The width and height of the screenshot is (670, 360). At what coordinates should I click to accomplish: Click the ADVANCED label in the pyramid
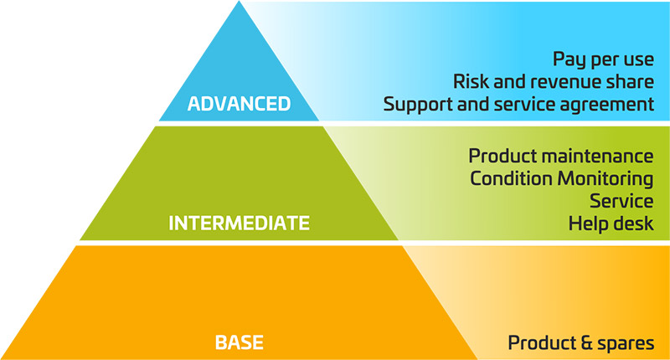pyautogui.click(x=239, y=104)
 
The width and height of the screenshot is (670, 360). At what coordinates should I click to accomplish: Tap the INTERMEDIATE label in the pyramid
pyautogui.click(x=239, y=224)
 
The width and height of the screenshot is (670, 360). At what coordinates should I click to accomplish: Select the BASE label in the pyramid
pyautogui.click(x=239, y=342)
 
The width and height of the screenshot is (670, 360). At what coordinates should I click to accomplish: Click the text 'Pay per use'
pyautogui.click(x=603, y=59)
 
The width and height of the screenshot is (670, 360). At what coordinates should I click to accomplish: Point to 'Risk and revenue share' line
pyautogui.click(x=554, y=81)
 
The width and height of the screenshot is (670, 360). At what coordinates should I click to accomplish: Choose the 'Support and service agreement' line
pyautogui.click(x=518, y=105)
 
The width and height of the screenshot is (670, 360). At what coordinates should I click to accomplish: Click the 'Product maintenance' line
pyautogui.click(x=560, y=156)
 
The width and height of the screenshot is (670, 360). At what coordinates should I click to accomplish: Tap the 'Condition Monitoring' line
pyautogui.click(x=561, y=179)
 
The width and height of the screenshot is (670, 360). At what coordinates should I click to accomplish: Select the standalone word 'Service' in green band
pyautogui.click(x=621, y=201)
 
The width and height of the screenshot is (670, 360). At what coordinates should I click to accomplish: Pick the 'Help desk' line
pyautogui.click(x=611, y=224)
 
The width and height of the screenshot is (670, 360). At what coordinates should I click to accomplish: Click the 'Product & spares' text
pyautogui.click(x=580, y=343)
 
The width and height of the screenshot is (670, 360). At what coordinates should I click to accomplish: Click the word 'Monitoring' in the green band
pyautogui.click(x=606, y=179)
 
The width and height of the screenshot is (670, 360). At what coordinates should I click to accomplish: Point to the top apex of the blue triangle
pyautogui.click(x=239, y=1)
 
